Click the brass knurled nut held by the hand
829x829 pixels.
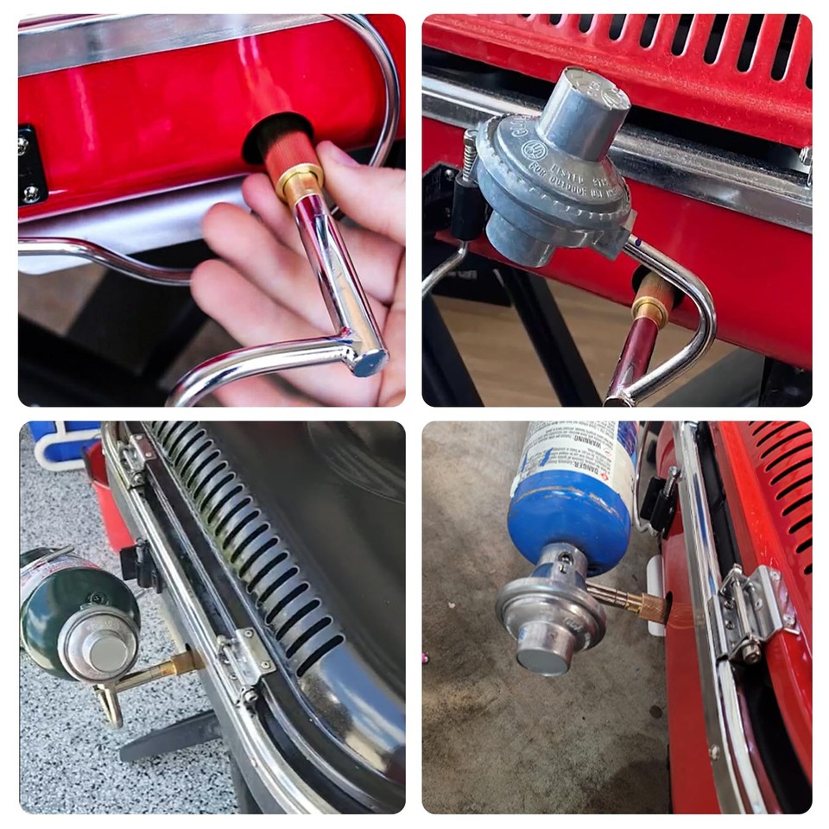click(300, 180)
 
